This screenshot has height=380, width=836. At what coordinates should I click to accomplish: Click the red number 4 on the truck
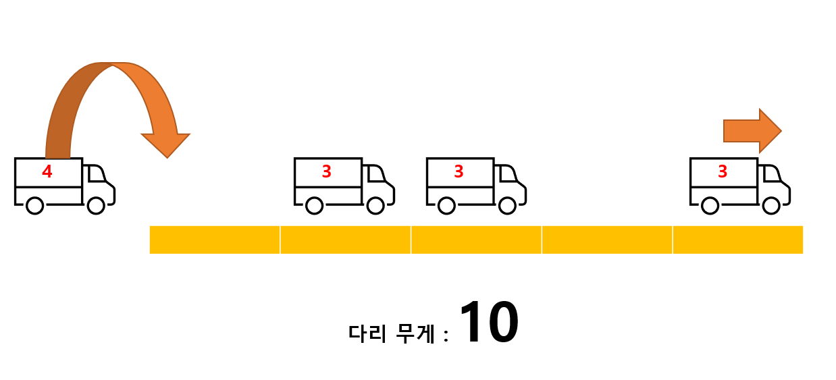click(47, 172)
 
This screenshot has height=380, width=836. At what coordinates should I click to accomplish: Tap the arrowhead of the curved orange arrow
click(166, 144)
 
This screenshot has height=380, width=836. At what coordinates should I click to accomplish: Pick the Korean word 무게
click(415, 333)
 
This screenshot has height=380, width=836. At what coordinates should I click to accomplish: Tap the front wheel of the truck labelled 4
click(97, 205)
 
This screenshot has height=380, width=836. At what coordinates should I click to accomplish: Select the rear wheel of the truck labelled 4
click(34, 205)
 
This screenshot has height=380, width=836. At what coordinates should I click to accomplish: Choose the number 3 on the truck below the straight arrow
click(723, 172)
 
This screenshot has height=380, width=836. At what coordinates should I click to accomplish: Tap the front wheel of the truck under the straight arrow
click(772, 205)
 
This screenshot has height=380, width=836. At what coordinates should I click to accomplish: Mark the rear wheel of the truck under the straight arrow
click(710, 205)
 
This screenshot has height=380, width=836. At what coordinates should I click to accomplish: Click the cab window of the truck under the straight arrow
click(771, 174)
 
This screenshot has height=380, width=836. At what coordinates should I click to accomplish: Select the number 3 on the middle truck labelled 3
click(459, 172)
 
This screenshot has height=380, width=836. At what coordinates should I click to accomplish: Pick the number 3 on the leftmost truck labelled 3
click(327, 172)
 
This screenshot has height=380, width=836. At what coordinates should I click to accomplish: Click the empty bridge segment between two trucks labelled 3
click(607, 240)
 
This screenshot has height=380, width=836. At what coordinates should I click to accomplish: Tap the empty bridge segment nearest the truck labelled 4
click(215, 240)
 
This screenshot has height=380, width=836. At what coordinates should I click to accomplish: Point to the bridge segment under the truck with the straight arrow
click(737, 240)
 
